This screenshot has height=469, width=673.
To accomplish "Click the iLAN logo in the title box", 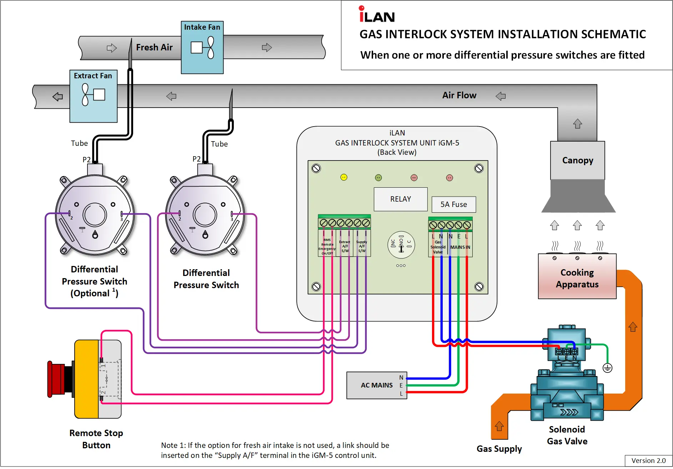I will click(377, 15).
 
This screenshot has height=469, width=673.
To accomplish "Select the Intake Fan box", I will click(202, 48).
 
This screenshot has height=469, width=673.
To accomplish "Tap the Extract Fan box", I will click(93, 96).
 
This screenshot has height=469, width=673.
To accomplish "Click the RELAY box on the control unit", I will click(401, 199).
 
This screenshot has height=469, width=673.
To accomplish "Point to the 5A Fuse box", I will click(453, 204).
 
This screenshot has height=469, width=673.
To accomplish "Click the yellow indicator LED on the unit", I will click(344, 177).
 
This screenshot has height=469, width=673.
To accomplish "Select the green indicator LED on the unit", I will click(378, 178).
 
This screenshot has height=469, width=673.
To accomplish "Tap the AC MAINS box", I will click(376, 385).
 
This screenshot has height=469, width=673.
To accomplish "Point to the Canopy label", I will click(578, 161).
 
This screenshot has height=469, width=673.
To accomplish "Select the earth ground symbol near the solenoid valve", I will click(607, 368).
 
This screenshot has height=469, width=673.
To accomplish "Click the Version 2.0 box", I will click(648, 461).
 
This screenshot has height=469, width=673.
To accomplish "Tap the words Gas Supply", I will click(499, 449).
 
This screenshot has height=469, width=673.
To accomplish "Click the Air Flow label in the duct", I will click(459, 95).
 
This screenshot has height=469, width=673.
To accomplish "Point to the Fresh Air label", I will click(154, 48).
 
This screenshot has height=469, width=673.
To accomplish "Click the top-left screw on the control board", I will click(316, 168).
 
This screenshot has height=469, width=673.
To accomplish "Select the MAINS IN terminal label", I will click(460, 247).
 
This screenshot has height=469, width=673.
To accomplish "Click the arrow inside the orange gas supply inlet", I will click(499, 426).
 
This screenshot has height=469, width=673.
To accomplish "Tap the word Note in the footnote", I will click(169, 445).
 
